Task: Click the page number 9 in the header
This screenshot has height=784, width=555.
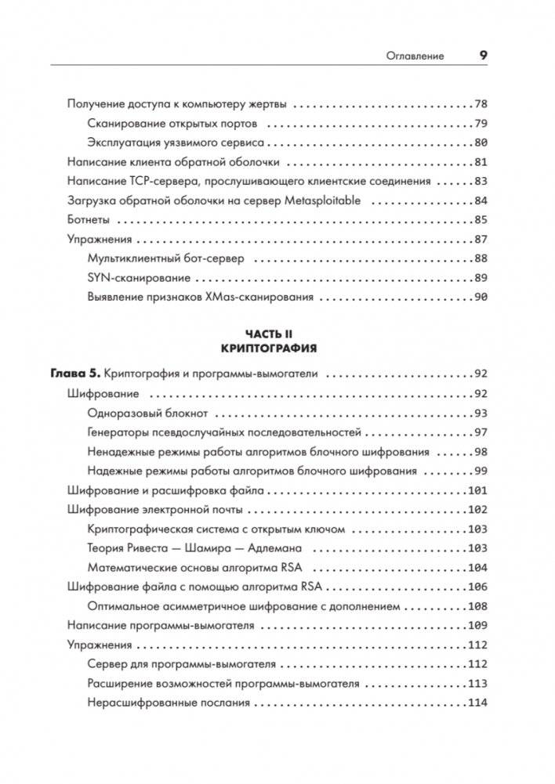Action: pos(483,56)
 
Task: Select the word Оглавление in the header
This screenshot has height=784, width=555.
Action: pos(415,56)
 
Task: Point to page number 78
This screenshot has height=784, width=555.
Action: pos(481,103)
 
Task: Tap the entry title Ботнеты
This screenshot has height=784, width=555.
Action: pos(89,219)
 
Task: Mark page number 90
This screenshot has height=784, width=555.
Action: pos(481,297)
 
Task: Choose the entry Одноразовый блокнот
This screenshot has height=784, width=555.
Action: pos(148,413)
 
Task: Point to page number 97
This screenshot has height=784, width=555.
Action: pos(481,432)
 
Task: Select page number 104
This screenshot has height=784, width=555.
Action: pos(478,568)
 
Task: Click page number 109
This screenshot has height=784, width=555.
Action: pos(478,626)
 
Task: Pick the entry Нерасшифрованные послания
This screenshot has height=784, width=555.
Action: pos(169,703)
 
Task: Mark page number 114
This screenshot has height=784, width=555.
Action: pos(478,703)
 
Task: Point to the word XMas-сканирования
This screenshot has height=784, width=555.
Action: pos(258,297)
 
